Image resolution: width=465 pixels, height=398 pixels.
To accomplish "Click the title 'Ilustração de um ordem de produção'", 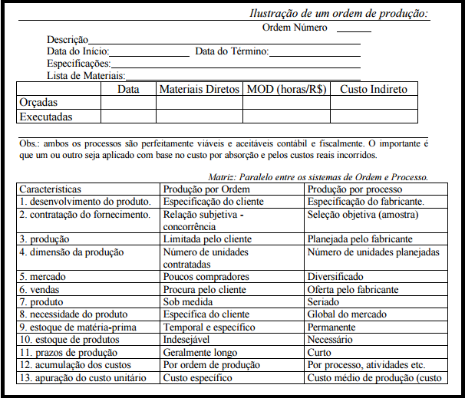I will (x=339, y=14).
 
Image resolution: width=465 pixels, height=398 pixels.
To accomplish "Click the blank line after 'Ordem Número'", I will (x=353, y=28).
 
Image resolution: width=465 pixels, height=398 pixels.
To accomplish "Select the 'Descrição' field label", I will (x=68, y=40).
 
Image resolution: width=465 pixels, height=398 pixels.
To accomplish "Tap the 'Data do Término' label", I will (x=232, y=51).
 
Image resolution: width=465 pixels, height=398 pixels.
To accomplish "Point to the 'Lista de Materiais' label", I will (x=86, y=75).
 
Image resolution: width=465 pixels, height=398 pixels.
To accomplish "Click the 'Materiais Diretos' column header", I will (x=200, y=89).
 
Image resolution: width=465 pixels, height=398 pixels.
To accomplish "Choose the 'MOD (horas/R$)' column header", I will (x=286, y=89).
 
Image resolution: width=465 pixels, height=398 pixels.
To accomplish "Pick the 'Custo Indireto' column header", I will (x=374, y=89).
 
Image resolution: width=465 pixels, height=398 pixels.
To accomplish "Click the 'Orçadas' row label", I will (x=38, y=103).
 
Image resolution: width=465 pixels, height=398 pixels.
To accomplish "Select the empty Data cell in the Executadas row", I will (x=128, y=117).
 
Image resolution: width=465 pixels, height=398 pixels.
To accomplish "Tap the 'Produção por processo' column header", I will (x=355, y=189).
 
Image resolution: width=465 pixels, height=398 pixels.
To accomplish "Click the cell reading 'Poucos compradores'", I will (x=201, y=277).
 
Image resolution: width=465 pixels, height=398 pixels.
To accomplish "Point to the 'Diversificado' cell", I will (x=336, y=277).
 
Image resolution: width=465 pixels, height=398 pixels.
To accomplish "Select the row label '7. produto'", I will (x=42, y=301).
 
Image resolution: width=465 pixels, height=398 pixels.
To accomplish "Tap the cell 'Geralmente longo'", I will (x=199, y=352).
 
